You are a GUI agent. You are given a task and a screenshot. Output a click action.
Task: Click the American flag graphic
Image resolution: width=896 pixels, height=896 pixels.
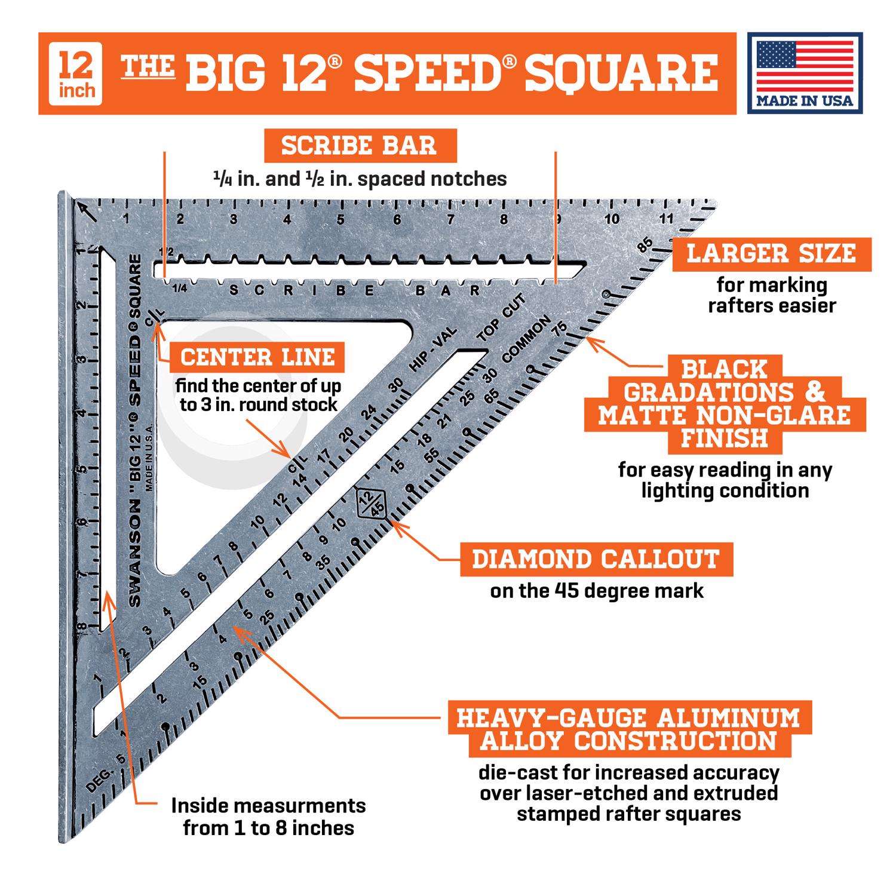click(x=805, y=65)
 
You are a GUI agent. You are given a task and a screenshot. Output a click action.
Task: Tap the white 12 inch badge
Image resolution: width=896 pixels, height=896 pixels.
click(x=76, y=73)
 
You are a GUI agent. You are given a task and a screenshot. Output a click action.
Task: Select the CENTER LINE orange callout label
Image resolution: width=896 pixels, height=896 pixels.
click(x=257, y=357)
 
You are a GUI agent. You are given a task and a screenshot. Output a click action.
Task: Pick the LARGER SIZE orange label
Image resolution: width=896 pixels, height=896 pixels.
click(x=771, y=253)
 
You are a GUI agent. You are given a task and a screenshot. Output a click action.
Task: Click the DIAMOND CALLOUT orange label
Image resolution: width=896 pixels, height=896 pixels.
click(x=596, y=559)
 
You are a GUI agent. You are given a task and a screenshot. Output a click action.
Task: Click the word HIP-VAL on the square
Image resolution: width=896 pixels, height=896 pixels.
click(x=434, y=350)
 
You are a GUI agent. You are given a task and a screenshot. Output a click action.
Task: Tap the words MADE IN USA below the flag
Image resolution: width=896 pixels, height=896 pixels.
click(x=805, y=100)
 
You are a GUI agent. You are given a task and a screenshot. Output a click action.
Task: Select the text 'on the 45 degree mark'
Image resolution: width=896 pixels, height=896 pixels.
click(x=597, y=591)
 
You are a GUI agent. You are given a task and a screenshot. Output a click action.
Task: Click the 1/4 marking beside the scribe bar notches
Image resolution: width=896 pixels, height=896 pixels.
click(x=179, y=289)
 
